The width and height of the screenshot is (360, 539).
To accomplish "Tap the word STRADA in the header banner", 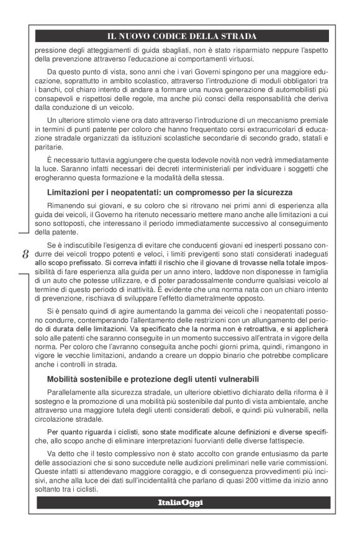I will coord(238,36).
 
